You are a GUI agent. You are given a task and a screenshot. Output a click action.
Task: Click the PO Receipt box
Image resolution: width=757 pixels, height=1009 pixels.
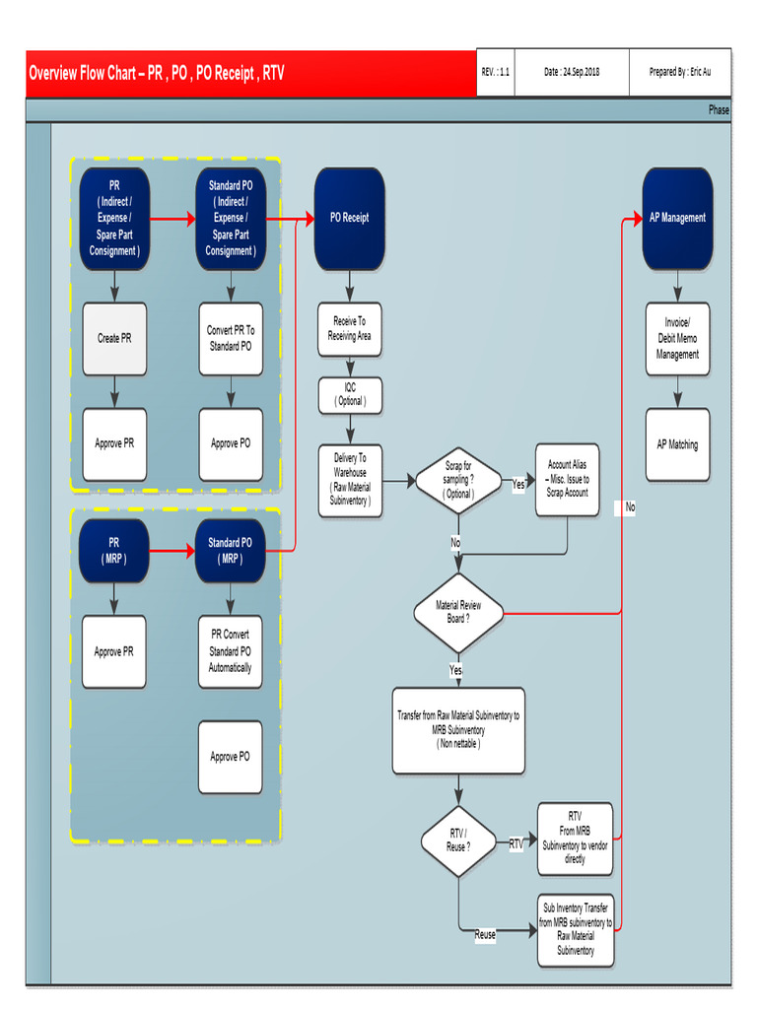[x=349, y=219]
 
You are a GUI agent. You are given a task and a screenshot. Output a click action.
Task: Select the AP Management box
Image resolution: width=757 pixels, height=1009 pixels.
[x=677, y=219]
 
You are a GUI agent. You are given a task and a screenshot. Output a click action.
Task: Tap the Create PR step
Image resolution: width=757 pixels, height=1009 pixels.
[x=114, y=339]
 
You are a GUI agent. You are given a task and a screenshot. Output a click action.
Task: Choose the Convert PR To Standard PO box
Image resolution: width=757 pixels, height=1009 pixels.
[x=231, y=339]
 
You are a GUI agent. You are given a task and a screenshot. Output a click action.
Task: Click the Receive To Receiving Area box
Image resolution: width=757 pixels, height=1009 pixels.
[x=349, y=329]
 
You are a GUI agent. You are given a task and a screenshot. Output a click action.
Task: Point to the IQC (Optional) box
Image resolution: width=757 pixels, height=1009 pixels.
[x=349, y=395]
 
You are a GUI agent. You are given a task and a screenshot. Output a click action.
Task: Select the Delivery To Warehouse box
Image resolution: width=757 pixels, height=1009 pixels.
[x=349, y=480]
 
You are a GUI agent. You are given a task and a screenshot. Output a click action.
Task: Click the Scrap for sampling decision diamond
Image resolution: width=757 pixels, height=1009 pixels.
[x=459, y=480]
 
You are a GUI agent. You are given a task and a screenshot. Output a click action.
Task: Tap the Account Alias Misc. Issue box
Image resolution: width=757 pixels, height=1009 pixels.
[x=567, y=479]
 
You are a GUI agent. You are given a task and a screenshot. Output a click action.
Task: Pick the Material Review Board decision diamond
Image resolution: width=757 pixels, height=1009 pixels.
[x=458, y=612]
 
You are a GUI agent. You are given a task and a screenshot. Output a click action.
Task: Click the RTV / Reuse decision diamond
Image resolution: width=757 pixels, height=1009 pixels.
[x=458, y=841]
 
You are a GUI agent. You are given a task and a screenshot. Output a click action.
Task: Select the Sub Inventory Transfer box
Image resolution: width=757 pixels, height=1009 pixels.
[x=576, y=930]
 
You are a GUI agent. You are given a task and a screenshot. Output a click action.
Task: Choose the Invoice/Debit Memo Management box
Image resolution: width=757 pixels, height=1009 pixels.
[x=677, y=339]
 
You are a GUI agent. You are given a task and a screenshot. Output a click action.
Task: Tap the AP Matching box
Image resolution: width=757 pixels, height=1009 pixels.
[x=677, y=444]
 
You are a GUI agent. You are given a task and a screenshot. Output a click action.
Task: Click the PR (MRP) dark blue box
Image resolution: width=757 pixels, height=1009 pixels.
[x=114, y=551]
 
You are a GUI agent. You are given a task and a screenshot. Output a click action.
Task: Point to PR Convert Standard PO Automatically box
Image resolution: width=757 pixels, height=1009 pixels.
[x=231, y=651]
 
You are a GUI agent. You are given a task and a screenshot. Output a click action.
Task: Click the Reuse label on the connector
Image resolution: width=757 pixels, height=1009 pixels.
[x=485, y=935]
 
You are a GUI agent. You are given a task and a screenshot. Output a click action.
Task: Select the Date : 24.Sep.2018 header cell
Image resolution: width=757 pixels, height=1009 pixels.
[x=572, y=73]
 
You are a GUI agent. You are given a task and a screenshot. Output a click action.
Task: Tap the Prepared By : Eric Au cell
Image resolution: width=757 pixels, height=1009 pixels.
[x=680, y=73]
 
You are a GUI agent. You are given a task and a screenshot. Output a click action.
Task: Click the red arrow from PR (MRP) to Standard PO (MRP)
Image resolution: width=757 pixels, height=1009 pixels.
[x=172, y=551]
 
